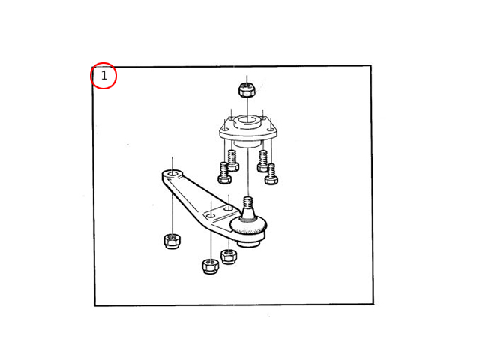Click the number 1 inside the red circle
[x=104, y=75]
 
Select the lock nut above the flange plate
[x=247, y=89]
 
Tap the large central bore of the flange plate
[x=247, y=120]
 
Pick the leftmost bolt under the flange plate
[x=224, y=173]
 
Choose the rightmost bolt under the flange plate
[x=271, y=175]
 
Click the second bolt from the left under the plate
[x=233, y=160]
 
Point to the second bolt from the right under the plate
[x=262, y=161]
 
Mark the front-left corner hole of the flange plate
[x=226, y=130]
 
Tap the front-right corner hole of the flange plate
[x=270, y=130]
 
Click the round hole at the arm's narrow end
[x=172, y=174]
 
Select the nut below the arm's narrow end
[x=172, y=241]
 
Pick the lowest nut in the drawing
[x=211, y=266]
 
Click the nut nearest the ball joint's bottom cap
[x=229, y=256]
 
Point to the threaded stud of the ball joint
[x=248, y=204]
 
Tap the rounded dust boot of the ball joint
[x=248, y=225]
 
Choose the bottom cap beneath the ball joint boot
[x=248, y=241]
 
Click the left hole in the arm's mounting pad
[x=210, y=216]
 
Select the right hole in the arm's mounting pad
[x=228, y=208]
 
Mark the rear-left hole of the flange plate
[x=232, y=118]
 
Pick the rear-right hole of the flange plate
[x=263, y=118]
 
